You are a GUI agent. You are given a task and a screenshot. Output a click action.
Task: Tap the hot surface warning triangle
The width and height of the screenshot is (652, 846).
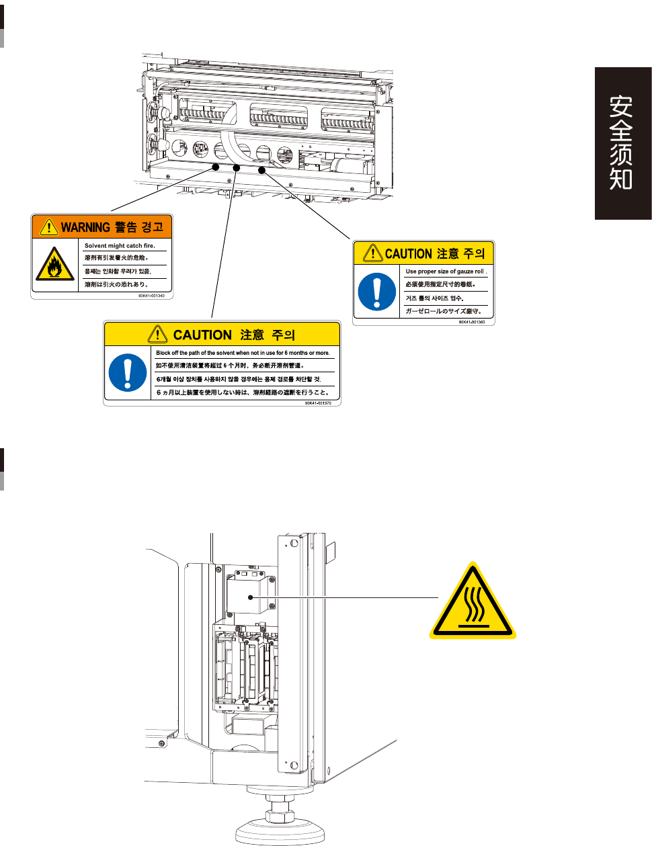click(x=473, y=601)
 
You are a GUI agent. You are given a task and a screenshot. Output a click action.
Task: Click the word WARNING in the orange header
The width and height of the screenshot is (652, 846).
click(x=85, y=227)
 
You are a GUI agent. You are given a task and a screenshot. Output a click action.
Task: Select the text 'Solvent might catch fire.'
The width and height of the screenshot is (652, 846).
click(x=120, y=246)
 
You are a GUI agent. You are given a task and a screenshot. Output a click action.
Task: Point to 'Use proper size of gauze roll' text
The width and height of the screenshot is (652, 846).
click(x=445, y=271)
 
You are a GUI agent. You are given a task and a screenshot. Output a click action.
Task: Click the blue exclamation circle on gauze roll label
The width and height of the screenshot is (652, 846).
click(x=377, y=292)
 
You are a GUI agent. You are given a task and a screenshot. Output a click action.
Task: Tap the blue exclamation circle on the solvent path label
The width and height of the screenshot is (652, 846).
click(x=127, y=372)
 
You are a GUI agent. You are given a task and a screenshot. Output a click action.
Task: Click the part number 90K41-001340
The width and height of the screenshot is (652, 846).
click(x=151, y=296)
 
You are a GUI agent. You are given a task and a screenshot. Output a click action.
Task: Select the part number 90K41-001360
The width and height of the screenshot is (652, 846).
click(x=472, y=322)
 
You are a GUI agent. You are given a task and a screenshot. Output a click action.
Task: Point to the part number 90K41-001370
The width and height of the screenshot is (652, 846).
click(x=318, y=403)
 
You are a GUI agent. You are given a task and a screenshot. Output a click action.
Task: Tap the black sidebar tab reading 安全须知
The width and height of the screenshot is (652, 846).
click(x=622, y=143)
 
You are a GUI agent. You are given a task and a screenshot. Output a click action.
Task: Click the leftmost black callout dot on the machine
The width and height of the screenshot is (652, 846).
click(x=216, y=166)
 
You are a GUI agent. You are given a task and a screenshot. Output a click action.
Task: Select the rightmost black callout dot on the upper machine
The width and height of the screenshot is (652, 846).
click(x=262, y=170)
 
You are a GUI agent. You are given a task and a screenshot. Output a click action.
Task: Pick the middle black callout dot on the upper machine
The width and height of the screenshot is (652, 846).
click(x=237, y=168)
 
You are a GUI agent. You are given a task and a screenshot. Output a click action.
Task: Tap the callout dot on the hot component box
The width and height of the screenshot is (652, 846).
click(x=251, y=597)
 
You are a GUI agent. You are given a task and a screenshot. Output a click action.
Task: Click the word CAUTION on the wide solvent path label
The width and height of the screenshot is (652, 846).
click(x=202, y=335)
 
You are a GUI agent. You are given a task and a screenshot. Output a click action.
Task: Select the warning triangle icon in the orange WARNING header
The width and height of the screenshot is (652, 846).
click(x=49, y=227)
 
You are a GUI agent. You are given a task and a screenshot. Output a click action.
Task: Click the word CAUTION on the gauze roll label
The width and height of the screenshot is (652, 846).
click(x=408, y=254)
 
